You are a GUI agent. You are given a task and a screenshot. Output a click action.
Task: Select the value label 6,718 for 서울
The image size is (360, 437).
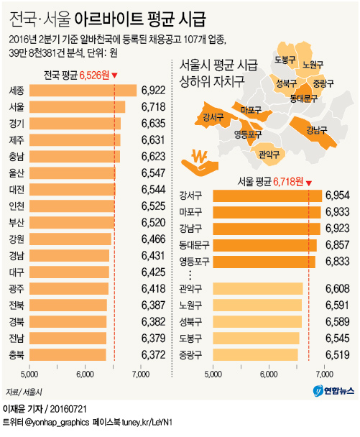(153, 107)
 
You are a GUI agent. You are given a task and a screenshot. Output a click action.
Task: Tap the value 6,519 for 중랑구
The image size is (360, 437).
(337, 354)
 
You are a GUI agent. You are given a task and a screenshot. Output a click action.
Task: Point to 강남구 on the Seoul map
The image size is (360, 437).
(315, 130)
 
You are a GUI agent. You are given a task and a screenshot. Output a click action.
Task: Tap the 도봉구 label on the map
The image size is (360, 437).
(285, 60)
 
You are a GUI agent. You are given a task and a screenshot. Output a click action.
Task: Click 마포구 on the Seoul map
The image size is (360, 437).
(251, 110)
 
